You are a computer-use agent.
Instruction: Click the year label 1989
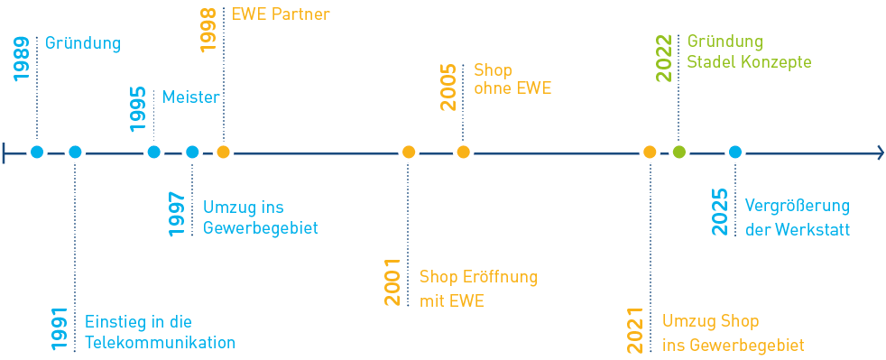click(x=22, y=60)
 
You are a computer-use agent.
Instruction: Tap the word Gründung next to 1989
click(x=82, y=43)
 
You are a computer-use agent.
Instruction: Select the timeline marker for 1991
click(x=75, y=152)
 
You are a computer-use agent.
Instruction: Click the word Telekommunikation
click(x=160, y=343)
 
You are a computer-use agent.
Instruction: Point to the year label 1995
click(x=138, y=109)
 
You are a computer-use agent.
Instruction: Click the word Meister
click(x=190, y=97)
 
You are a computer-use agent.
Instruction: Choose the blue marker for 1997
click(x=191, y=152)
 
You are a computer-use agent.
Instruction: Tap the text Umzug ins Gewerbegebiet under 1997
click(x=260, y=217)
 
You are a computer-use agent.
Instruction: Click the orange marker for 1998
click(x=223, y=152)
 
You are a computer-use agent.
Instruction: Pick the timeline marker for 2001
click(x=409, y=152)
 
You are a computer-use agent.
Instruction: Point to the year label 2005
click(x=448, y=87)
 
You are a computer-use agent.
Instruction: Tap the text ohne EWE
click(x=512, y=89)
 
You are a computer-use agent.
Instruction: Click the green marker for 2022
click(x=678, y=152)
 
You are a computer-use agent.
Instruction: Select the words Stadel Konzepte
click(x=749, y=63)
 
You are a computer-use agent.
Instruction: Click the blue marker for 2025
click(x=735, y=152)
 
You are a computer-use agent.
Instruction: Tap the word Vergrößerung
click(x=797, y=206)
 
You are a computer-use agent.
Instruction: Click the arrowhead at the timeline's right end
click(x=879, y=152)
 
